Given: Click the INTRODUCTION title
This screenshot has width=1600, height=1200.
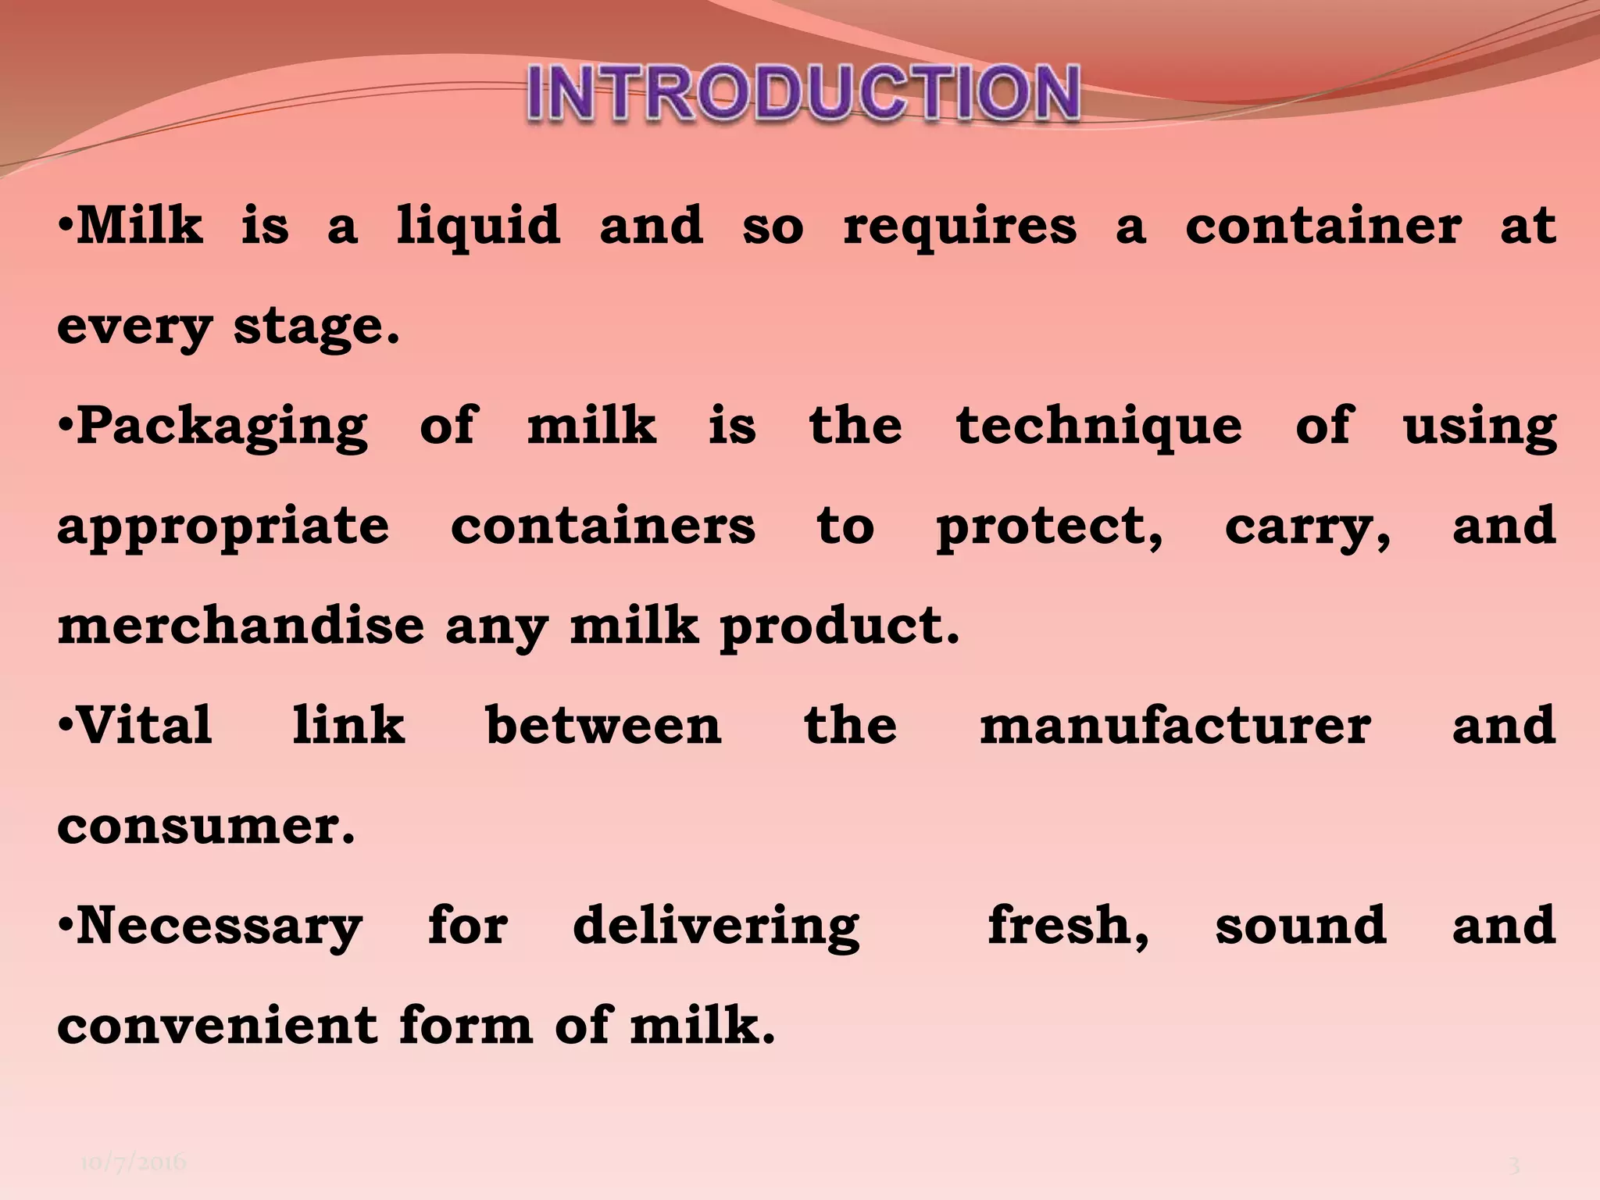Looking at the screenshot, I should coord(804,93).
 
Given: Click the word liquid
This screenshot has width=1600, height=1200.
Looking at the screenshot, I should coord(478,226).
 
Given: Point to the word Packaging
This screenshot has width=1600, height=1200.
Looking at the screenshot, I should coord(222,427).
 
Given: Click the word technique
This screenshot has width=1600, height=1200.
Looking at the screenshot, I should coord(1098,427).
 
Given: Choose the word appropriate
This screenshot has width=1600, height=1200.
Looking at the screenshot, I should coord(223,527).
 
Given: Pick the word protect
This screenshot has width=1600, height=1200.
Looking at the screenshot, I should coord(1046,527).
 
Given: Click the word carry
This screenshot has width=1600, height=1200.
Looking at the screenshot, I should coord(1305,527).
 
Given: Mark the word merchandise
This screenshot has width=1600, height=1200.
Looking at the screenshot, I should coord(241,626).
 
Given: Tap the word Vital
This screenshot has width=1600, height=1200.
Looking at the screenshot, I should coord(145,725).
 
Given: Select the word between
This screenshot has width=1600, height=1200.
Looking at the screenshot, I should coord(603,725).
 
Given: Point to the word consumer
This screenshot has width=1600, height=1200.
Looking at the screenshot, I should coord(205,826).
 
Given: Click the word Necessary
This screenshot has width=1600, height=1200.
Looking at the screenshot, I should coord(220,927).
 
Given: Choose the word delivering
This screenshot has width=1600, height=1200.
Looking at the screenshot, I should coord(716,927).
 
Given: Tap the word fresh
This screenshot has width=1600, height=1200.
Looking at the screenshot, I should coord(1066,927).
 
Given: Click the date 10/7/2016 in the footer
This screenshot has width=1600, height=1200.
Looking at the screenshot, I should coord(133,1163).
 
